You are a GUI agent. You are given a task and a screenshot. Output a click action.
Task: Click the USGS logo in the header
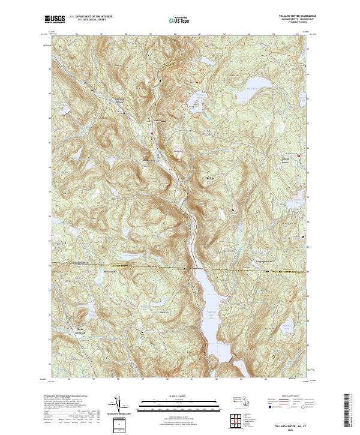[x=55, y=19]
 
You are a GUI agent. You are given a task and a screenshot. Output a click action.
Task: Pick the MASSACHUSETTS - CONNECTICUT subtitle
[x=287, y=20]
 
